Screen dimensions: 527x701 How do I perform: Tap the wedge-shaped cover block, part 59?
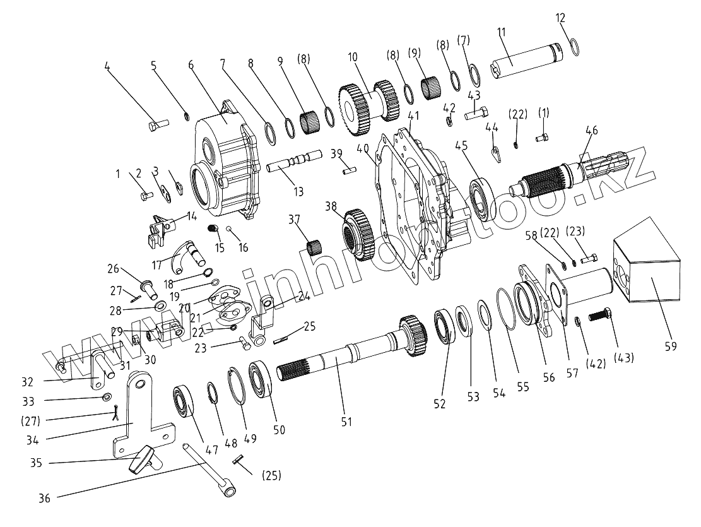pyautogui.click(x=646, y=259)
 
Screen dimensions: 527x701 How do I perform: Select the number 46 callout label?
pyautogui.click(x=591, y=131)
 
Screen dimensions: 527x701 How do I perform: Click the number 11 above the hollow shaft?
pyautogui.click(x=502, y=33)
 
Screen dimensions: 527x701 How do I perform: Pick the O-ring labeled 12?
pyautogui.click(x=575, y=46)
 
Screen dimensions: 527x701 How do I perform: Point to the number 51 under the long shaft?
pyautogui.click(x=346, y=422)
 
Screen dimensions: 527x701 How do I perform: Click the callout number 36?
pyautogui.click(x=44, y=497)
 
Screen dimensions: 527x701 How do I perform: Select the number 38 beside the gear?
pyautogui.click(x=331, y=206)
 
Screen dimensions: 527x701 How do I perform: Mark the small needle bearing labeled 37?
pyautogui.click(x=314, y=246)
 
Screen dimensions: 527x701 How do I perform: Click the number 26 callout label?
pyautogui.click(x=113, y=268)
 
